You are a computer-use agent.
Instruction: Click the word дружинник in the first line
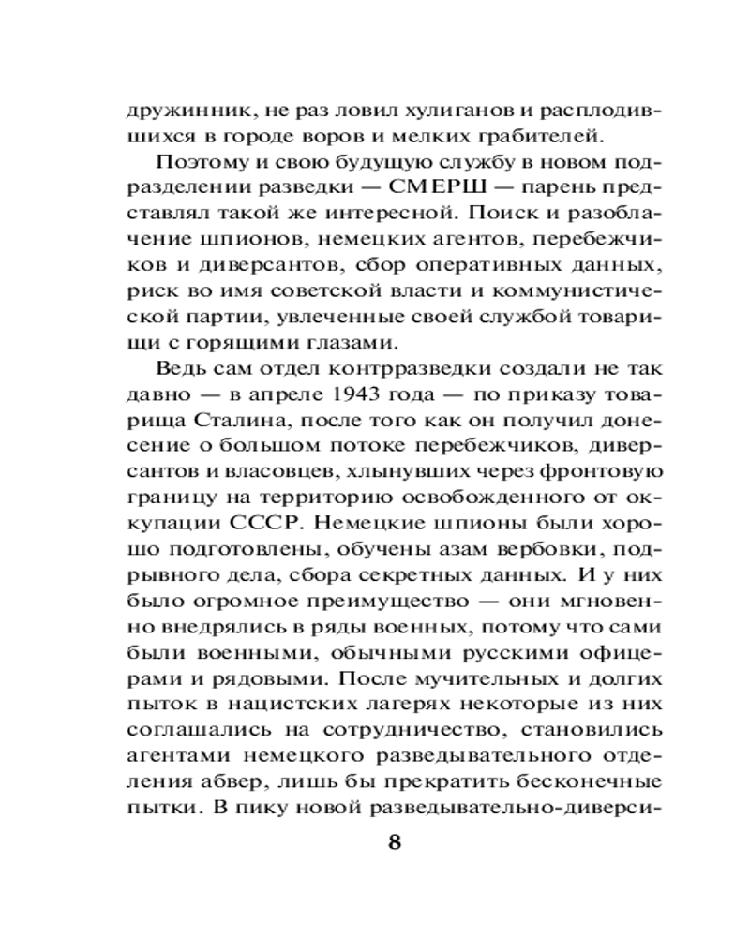click(x=176, y=109)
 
